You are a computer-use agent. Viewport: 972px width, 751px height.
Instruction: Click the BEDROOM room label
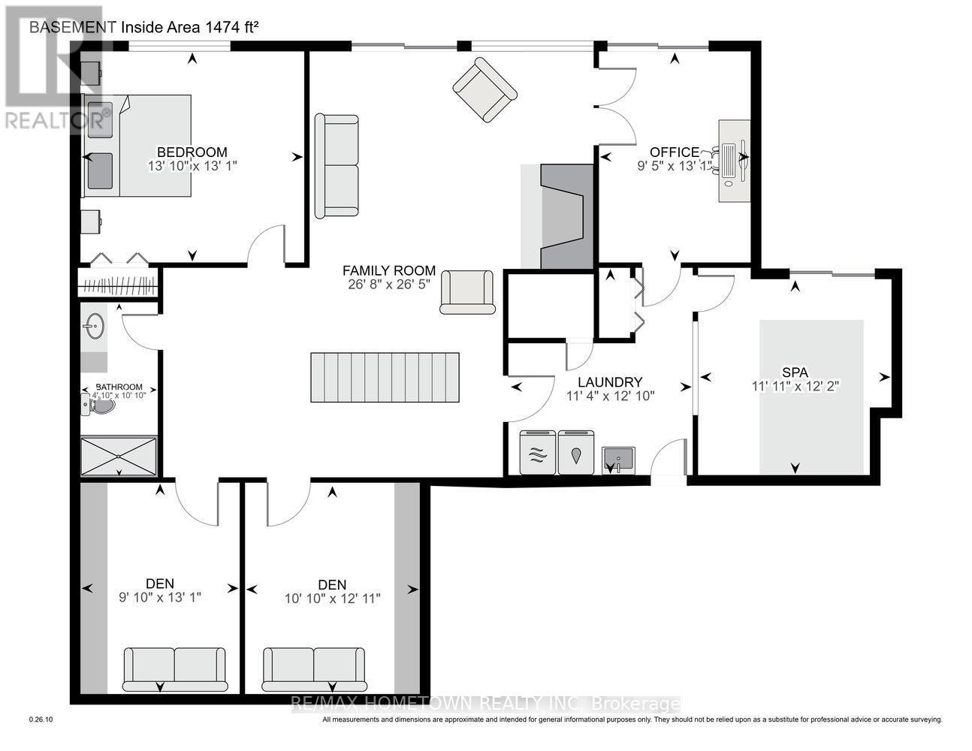(192, 152)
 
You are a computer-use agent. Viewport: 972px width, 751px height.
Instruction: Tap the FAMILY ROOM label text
(388, 270)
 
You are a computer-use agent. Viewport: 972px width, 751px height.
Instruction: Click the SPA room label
(795, 372)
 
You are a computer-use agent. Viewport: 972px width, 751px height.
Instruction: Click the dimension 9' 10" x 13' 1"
(160, 598)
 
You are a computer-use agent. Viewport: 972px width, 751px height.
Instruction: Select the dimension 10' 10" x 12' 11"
(332, 599)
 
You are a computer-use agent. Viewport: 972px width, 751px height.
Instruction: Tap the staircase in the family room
(385, 379)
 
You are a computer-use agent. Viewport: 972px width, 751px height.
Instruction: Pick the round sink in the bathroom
(95, 327)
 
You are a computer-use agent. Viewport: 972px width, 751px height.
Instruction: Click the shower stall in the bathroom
(119, 456)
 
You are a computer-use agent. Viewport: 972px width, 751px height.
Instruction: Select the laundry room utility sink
(617, 460)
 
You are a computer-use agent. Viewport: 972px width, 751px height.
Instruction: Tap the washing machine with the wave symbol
(538, 453)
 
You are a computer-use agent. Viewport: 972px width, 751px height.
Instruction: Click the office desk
(734, 160)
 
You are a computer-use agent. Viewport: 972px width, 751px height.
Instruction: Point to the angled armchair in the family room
(484, 90)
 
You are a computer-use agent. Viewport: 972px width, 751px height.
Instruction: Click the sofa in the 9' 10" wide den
(174, 668)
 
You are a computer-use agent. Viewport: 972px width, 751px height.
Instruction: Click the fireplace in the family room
(562, 217)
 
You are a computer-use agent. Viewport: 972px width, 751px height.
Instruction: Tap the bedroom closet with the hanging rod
(119, 286)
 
